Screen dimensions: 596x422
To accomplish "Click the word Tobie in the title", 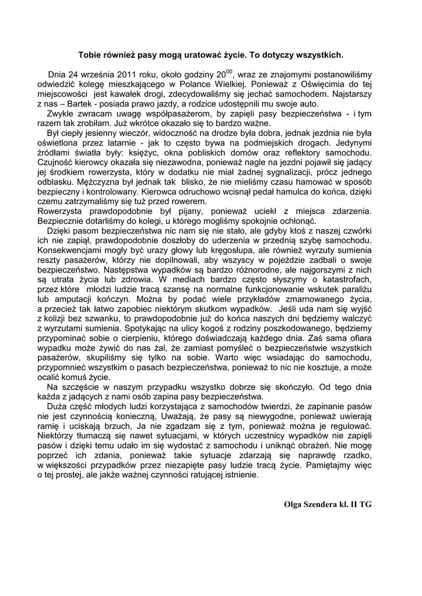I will tap(91, 55).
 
